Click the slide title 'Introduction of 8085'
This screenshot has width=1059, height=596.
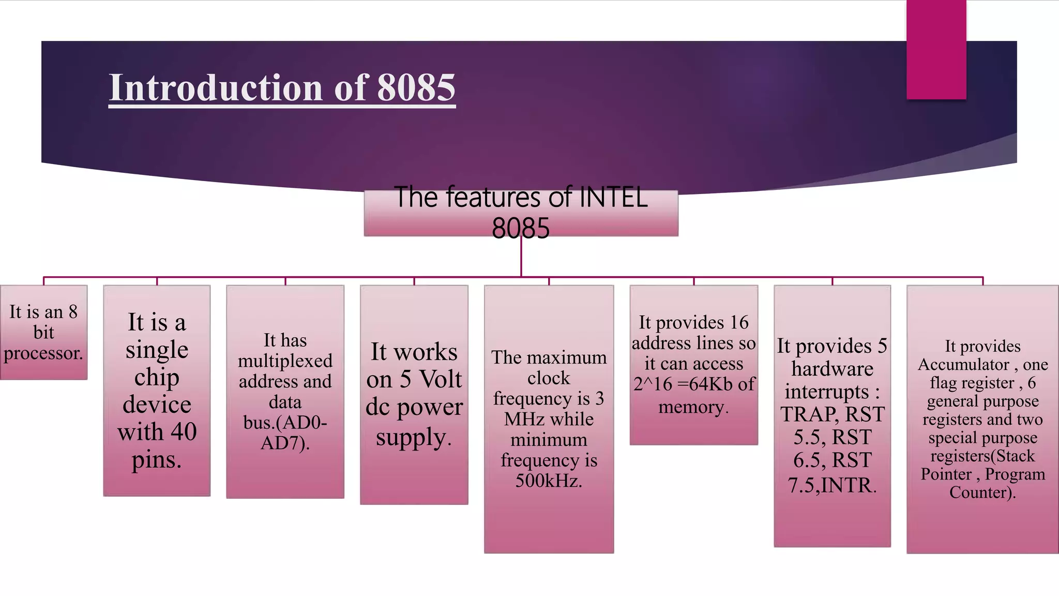(282, 87)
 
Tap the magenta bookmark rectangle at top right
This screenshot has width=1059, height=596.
(936, 50)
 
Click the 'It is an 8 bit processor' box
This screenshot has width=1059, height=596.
(43, 332)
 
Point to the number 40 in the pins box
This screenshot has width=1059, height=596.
(184, 431)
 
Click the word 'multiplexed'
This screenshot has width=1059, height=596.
(285, 361)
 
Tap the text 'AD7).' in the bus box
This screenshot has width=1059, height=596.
(285, 443)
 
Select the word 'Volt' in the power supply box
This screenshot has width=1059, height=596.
(440, 379)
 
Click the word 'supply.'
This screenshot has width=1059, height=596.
(414, 437)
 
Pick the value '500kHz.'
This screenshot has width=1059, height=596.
(549, 481)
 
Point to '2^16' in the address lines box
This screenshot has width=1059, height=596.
(653, 384)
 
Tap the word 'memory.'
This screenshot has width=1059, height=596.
(693, 407)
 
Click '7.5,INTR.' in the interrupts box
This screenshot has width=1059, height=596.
(832, 485)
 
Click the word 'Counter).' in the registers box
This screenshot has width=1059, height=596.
(982, 492)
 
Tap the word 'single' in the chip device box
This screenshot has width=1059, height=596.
(157, 350)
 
